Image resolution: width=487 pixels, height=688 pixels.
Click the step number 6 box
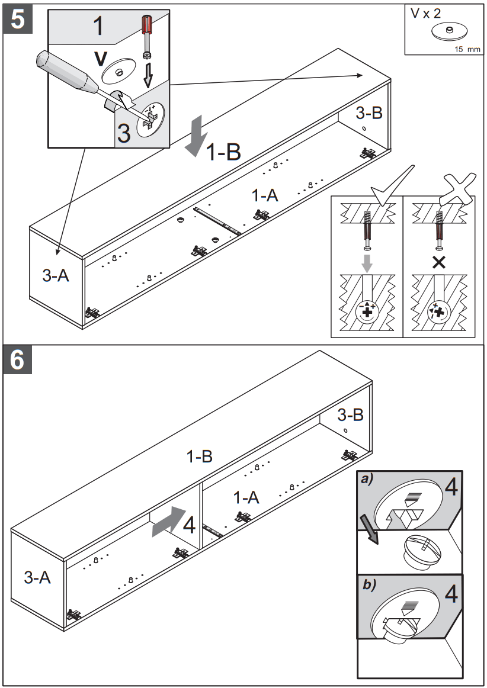[18, 361]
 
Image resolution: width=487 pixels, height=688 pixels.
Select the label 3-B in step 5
[369, 113]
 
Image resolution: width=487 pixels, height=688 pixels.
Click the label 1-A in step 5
[265, 196]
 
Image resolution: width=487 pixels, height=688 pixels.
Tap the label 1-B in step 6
[200, 456]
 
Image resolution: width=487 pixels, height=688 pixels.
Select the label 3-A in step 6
[37, 577]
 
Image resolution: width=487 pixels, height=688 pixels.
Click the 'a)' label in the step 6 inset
[369, 481]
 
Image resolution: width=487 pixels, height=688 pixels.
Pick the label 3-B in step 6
[350, 414]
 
